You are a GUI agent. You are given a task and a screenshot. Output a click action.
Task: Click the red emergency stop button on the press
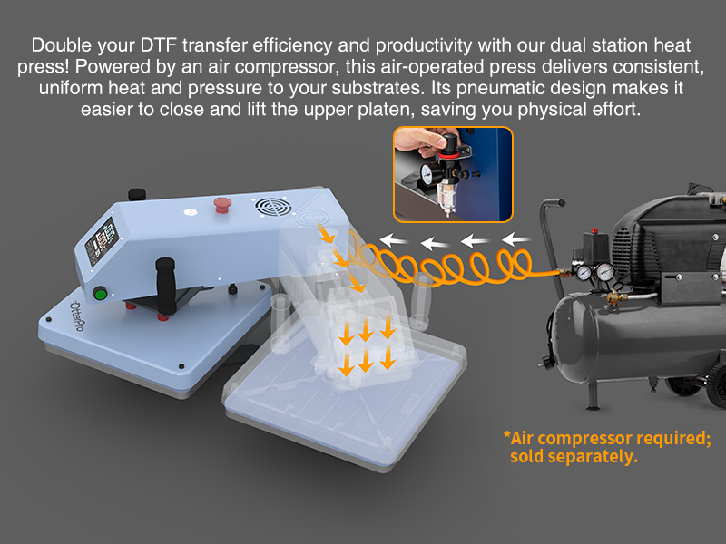pos(222,205)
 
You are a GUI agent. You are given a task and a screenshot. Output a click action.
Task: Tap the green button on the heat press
pos(100,294)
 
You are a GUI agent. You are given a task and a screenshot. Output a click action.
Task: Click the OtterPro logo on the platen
pos(77,316)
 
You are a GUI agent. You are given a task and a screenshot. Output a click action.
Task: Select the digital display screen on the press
pos(101,242)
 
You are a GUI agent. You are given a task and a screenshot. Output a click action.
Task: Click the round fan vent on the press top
pos(273,207)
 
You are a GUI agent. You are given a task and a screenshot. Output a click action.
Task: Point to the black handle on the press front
pos(166,285)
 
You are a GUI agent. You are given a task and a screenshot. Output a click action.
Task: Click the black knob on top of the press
pos(137,194)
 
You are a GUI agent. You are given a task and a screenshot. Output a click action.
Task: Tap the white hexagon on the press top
pos(191,212)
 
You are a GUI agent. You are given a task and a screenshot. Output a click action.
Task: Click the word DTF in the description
pos(159,45)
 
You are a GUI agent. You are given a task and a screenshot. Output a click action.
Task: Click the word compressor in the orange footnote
pos(586,438)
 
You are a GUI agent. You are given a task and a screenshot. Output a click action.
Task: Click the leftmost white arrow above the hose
pos(393,240)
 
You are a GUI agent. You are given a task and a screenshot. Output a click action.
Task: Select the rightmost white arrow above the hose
pos(516,239)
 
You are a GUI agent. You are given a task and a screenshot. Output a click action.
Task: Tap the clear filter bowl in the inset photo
pos(446,196)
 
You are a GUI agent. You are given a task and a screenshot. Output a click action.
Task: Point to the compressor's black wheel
pos(716,384)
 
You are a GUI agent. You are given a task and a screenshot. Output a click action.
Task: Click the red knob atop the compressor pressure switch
pos(594,231)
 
